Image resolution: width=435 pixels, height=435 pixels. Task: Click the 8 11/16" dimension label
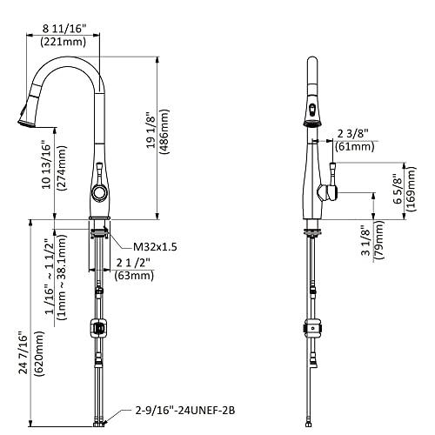64,29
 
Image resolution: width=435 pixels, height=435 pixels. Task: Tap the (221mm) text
64,42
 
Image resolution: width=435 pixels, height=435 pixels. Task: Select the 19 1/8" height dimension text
151,130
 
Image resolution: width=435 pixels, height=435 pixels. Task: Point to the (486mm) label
164,131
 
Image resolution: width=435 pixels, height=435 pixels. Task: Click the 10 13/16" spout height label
46,164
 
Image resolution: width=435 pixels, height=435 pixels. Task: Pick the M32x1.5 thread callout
155,247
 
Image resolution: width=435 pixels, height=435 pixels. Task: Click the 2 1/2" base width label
133,263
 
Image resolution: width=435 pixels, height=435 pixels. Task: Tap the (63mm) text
134,275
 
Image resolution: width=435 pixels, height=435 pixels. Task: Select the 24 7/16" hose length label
23,352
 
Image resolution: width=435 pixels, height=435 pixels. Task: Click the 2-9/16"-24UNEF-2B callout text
185,411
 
